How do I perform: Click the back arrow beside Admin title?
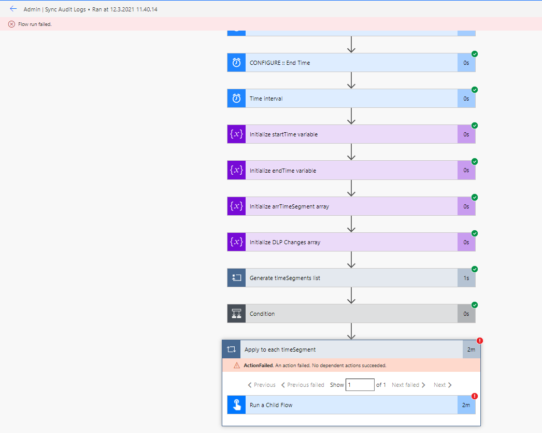(x=13, y=9)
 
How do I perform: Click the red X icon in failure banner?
(x=11, y=24)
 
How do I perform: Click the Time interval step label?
(x=266, y=99)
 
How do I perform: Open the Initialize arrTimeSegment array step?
(x=289, y=206)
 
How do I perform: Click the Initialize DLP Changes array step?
(x=284, y=242)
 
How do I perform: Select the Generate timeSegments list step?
(x=284, y=278)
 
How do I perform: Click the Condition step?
(x=262, y=314)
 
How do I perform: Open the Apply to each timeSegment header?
(x=280, y=350)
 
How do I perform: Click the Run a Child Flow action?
(x=271, y=405)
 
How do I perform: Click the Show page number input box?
(x=360, y=385)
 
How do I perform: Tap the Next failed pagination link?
(x=408, y=385)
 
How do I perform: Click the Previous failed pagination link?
(x=303, y=385)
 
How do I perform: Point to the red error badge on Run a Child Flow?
(x=475, y=396)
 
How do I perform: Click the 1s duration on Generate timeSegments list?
(x=466, y=278)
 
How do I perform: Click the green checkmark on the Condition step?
(x=475, y=305)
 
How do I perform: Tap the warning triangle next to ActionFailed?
(x=237, y=366)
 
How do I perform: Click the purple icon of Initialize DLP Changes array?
(x=236, y=242)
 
